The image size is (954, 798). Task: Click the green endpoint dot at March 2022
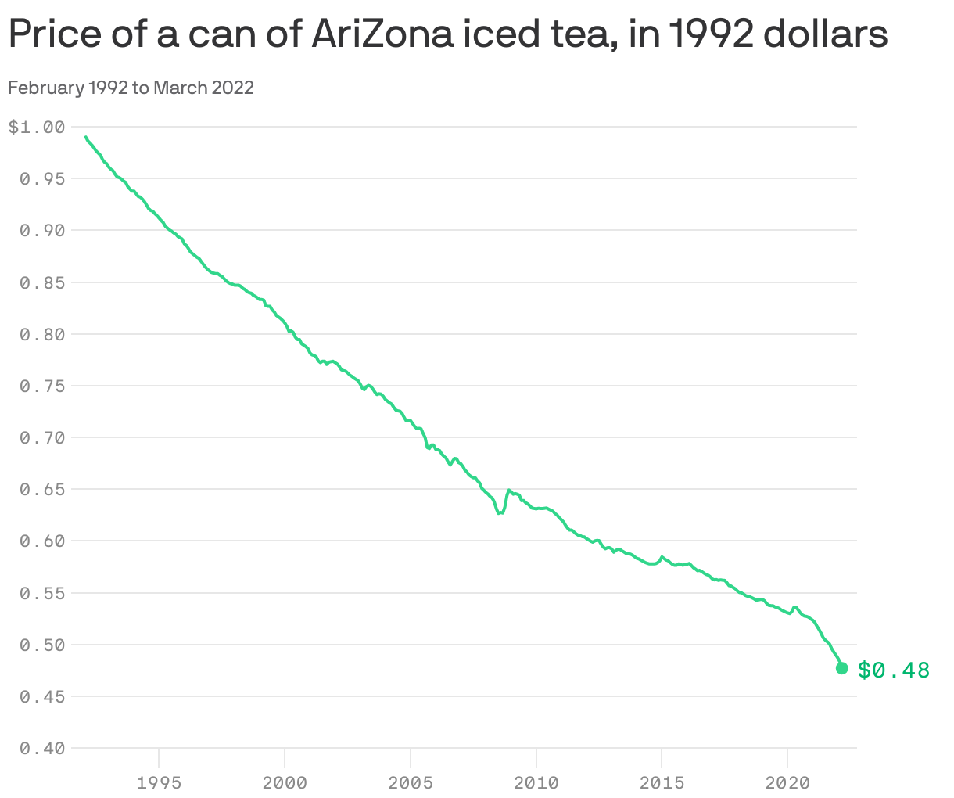[x=842, y=668]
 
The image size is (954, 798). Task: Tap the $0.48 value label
[x=894, y=670]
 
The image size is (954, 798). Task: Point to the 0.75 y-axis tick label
[x=41, y=386]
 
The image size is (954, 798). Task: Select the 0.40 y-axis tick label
[x=41, y=749]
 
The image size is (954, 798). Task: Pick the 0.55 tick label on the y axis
[x=41, y=594]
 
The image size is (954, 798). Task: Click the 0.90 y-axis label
[x=41, y=231]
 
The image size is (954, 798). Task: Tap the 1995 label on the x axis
[x=159, y=783]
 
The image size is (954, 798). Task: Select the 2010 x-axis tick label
[x=536, y=783]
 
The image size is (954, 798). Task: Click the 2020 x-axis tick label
[x=787, y=783]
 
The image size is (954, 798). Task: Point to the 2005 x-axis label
[x=411, y=783]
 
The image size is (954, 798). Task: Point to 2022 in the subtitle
[x=233, y=88]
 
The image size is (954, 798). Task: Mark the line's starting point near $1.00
[x=86, y=138]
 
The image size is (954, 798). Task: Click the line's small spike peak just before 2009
[x=509, y=491]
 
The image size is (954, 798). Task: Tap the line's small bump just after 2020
[x=794, y=607]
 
